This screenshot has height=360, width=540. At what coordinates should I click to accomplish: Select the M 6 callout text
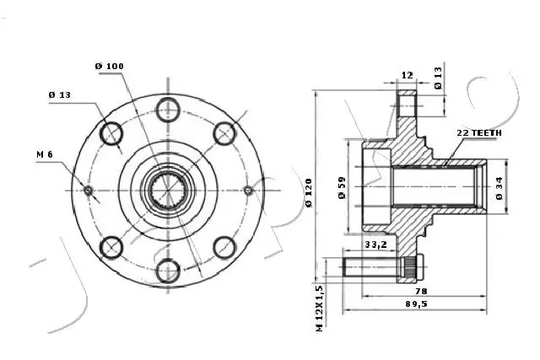click(46, 154)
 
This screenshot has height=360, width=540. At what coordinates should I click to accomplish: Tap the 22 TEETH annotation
click(478, 133)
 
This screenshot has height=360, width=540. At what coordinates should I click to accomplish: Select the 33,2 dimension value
click(375, 245)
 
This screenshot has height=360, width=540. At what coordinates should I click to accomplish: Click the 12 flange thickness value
click(407, 75)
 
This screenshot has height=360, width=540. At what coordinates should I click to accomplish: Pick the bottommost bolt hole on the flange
click(168, 271)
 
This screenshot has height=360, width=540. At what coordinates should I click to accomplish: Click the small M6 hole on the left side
click(89, 190)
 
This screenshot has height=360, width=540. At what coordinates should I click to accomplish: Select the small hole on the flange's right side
click(247, 190)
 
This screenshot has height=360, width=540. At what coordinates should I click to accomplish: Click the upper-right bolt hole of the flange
click(224, 132)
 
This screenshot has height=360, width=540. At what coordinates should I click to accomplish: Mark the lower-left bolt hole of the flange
click(111, 247)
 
